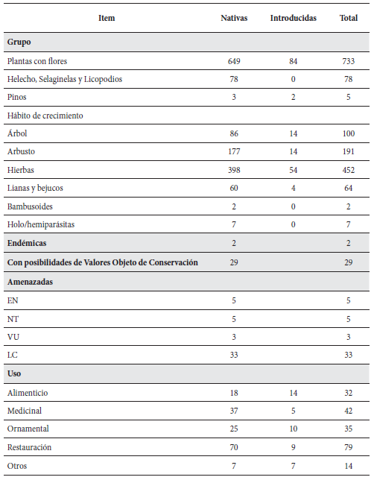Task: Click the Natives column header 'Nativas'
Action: point(234,18)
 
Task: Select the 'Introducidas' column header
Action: point(293,18)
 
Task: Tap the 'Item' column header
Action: point(107,18)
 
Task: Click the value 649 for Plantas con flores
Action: point(234,61)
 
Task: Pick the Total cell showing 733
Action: point(348,61)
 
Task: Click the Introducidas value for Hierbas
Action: point(293,171)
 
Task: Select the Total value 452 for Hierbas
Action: point(348,171)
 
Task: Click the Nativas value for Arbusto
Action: point(234,152)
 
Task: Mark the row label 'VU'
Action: point(13,336)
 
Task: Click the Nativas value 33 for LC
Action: point(234,355)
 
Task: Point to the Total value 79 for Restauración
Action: point(348,447)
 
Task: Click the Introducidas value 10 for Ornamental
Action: point(293,429)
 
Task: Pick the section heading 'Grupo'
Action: point(19,42)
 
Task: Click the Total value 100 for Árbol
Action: point(348,134)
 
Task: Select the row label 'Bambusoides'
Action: point(29,207)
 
